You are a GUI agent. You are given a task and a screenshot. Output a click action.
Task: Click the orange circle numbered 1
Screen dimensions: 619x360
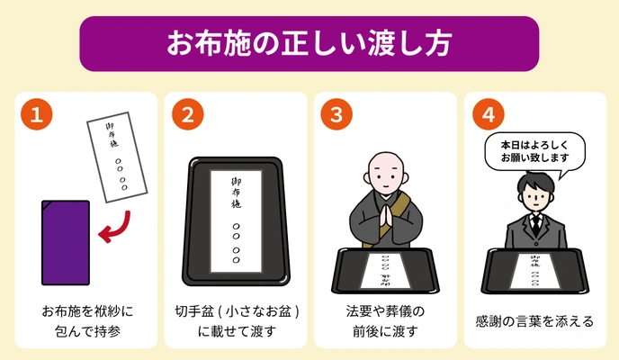[x=37, y=114]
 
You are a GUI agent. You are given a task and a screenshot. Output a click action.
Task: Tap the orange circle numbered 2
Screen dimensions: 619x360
[x=187, y=114]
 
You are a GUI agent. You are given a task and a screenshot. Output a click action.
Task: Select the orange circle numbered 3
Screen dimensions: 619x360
[x=336, y=114]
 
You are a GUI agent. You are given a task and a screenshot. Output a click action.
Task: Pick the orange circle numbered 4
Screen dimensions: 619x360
[x=489, y=114]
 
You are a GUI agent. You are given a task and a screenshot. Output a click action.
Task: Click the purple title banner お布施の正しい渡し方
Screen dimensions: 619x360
[x=309, y=43]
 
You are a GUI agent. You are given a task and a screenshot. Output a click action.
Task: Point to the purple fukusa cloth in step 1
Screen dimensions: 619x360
[x=66, y=243]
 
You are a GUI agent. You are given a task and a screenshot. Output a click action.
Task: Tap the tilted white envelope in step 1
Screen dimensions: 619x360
[x=117, y=157]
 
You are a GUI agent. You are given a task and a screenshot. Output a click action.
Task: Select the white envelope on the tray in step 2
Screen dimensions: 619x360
[x=236, y=221]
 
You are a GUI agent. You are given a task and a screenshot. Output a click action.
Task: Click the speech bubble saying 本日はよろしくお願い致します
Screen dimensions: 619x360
[x=535, y=153]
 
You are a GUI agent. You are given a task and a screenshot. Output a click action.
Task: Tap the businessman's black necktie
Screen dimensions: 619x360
[x=535, y=226]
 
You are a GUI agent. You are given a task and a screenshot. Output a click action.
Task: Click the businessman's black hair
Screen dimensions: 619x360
[x=535, y=183]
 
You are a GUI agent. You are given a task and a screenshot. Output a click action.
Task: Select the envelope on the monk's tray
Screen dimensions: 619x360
[x=385, y=270]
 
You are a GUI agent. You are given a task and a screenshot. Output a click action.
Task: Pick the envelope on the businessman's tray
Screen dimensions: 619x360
[x=535, y=271]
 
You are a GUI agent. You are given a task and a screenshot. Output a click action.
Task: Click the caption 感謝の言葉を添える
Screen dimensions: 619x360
[x=535, y=321]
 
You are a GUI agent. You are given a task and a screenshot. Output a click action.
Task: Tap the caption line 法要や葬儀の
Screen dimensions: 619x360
[x=385, y=311]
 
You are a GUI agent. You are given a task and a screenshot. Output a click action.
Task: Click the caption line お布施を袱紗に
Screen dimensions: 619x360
[x=87, y=311]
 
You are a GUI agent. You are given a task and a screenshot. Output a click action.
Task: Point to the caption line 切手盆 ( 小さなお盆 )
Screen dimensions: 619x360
[x=237, y=311]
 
